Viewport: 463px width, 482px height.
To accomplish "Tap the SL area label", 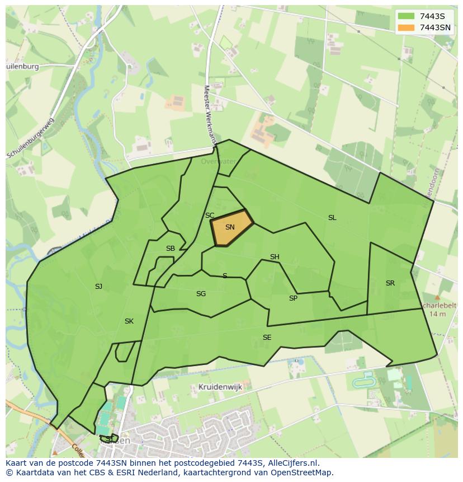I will (332, 218).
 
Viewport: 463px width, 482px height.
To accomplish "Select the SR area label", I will (390, 283).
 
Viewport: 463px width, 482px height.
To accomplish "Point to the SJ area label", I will (98, 287).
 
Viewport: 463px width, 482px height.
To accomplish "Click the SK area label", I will (129, 321).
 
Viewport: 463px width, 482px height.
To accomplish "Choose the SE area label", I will (267, 338).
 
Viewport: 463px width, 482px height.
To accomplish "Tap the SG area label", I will (201, 294).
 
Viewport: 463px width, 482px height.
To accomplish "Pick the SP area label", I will (293, 298).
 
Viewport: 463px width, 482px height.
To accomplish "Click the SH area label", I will (275, 257).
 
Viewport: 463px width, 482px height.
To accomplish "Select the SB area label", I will (171, 249).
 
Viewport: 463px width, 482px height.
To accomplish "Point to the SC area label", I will (210, 216).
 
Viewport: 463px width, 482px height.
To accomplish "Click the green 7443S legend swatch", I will (406, 16).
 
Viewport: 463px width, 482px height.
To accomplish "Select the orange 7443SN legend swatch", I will (406, 27).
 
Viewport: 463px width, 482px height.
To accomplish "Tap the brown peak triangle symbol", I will (437, 298).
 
